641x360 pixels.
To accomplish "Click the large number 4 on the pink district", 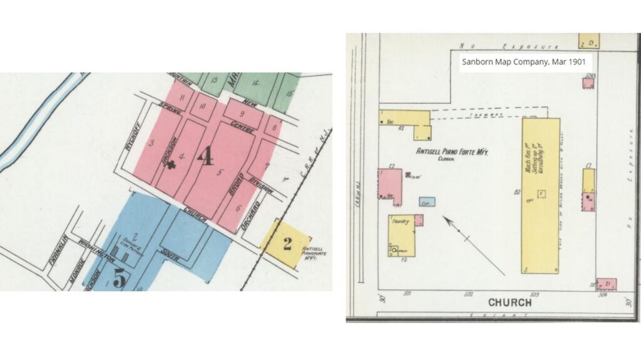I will (204, 156).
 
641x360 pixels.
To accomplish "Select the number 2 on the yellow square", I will (287, 244).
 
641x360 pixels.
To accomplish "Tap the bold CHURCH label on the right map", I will (510, 302).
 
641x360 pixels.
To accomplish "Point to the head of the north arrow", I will (445, 219).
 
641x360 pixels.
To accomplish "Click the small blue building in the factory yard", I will (427, 202).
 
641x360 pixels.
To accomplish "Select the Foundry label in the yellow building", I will (401, 222).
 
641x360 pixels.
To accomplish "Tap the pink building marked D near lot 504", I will (606, 284).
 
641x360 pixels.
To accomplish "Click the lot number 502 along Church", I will (468, 293).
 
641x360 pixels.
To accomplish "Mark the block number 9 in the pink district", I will (242, 114).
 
